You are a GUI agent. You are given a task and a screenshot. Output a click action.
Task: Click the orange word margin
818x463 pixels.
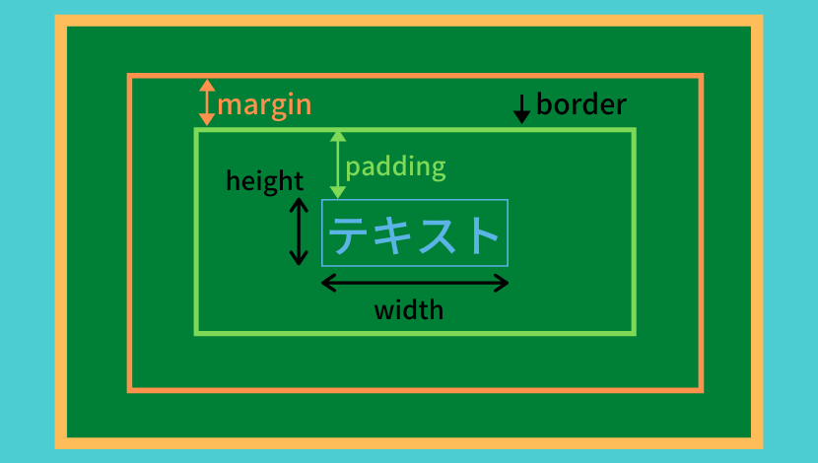point(264,105)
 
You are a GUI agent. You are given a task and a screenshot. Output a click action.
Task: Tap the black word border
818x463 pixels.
point(581,104)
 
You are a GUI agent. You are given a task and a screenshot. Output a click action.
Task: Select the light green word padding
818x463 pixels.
point(395,167)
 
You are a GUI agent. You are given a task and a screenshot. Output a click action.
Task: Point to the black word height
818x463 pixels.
point(264,182)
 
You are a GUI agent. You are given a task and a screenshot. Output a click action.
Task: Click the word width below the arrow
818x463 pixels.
point(409,310)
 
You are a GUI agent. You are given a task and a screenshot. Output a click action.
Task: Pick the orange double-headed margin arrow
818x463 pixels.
point(207,102)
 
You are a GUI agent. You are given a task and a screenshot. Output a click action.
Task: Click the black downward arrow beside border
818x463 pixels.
point(521,109)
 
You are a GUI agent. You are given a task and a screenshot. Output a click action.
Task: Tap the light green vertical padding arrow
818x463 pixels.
point(338,165)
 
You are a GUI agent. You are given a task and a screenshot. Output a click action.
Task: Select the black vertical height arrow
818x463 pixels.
point(299,231)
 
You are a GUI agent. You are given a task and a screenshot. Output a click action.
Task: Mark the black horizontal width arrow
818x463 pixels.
point(415,283)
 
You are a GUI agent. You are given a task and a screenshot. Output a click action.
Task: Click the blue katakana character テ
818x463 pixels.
point(349,234)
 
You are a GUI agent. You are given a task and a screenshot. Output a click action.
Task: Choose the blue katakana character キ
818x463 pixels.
point(392,234)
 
